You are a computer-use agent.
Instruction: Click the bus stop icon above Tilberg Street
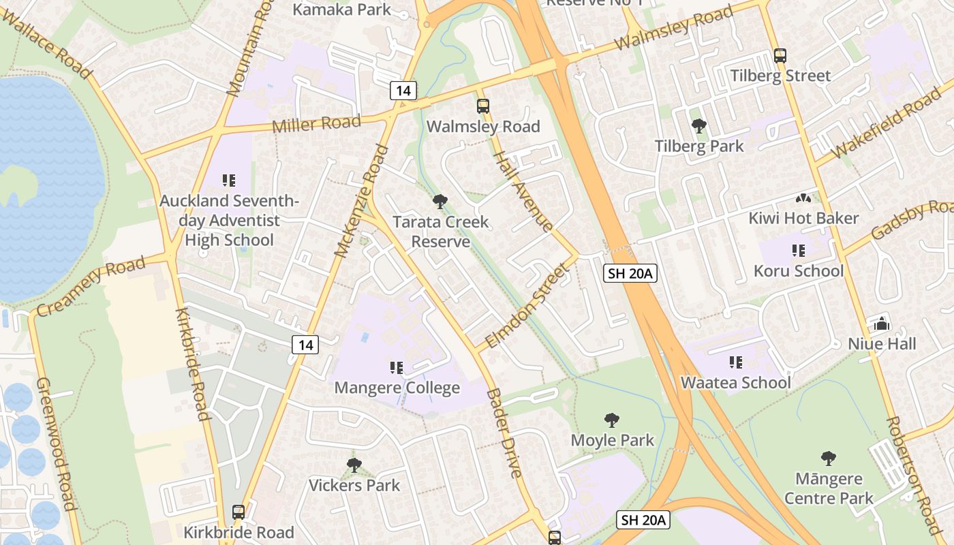(x=780, y=56)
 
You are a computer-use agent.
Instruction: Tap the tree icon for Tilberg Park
(x=698, y=126)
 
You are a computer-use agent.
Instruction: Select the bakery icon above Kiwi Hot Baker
(x=803, y=198)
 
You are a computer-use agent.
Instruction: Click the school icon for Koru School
(x=799, y=251)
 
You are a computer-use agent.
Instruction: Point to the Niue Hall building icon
(x=882, y=324)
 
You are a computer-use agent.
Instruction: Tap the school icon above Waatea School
(x=736, y=362)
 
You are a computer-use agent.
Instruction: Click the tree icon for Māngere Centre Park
(x=829, y=458)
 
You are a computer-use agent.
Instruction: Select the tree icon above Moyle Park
(x=612, y=420)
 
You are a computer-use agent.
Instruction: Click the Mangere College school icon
(x=397, y=368)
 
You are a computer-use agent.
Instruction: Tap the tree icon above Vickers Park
(x=354, y=465)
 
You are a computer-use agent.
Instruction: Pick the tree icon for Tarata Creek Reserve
(x=440, y=202)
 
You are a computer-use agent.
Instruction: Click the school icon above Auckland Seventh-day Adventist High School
(x=229, y=181)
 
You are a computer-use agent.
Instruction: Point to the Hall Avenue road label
(x=523, y=191)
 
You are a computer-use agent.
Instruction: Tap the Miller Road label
(x=316, y=124)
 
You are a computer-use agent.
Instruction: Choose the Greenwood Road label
(x=56, y=443)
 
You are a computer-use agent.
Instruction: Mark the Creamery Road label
(x=91, y=286)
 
